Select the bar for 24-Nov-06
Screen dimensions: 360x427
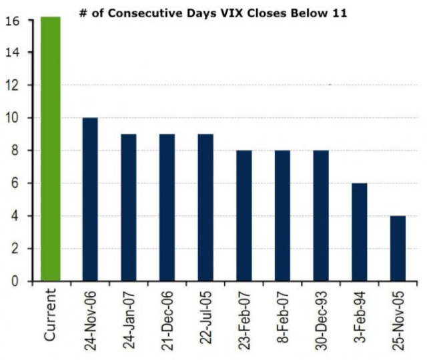tap(89, 199)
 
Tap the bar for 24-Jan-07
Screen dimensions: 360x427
tap(128, 207)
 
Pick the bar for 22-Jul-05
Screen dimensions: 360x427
tap(205, 207)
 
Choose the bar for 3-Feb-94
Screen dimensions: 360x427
tap(360, 232)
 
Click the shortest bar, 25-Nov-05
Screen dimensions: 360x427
tap(398, 248)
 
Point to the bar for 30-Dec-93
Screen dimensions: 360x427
tap(321, 215)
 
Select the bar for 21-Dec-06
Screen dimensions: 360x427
tap(167, 207)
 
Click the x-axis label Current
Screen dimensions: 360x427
tap(51, 313)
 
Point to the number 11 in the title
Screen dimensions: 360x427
tap(339, 12)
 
